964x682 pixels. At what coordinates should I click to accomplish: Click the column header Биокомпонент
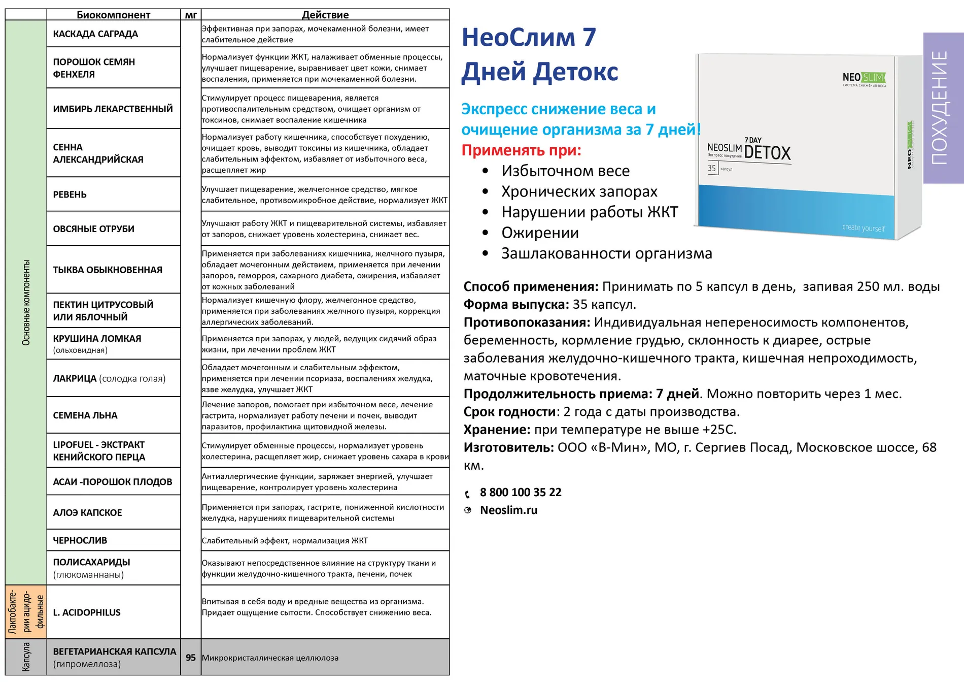pyautogui.click(x=113, y=15)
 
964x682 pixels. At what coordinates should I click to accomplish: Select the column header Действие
pyautogui.click(x=325, y=15)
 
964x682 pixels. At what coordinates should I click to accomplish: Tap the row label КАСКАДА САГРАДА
pyautogui.click(x=95, y=34)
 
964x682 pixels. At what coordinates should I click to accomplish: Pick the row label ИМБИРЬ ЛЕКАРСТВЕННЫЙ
pyautogui.click(x=113, y=109)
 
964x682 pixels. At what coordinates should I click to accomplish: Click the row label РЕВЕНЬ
pyautogui.click(x=70, y=194)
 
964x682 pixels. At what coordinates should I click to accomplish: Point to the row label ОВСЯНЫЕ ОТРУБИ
pyautogui.click(x=93, y=229)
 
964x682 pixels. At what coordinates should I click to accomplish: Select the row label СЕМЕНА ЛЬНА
pyautogui.click(x=85, y=415)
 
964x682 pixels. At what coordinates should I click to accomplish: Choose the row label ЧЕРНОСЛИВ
pyautogui.click(x=80, y=540)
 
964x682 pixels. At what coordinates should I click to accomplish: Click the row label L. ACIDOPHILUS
pyautogui.click(x=87, y=612)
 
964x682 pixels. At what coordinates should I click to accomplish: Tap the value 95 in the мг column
pyautogui.click(x=191, y=658)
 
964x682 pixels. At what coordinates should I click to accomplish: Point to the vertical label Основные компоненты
pyautogui.click(x=26, y=303)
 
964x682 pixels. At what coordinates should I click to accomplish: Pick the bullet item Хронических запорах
pyautogui.click(x=579, y=191)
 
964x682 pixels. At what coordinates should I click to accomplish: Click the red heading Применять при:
pyautogui.click(x=521, y=150)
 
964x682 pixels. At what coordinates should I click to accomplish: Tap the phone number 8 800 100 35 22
pyautogui.click(x=521, y=492)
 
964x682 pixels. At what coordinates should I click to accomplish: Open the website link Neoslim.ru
pyautogui.click(x=508, y=510)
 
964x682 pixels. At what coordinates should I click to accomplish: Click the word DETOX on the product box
pyautogui.click(x=767, y=153)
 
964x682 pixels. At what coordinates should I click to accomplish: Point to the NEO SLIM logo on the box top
pyautogui.click(x=864, y=78)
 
